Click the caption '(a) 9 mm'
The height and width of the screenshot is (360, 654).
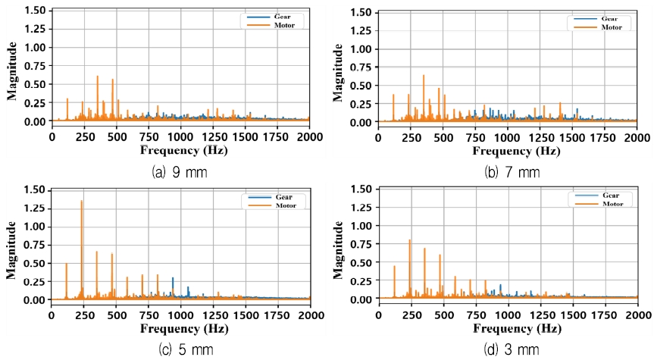(181, 171)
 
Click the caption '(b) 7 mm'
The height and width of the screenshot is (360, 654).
(512, 172)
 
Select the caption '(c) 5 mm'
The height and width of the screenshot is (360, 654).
(182, 349)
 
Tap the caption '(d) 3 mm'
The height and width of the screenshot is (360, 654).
(512, 349)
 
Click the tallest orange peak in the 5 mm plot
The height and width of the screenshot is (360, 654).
(82, 202)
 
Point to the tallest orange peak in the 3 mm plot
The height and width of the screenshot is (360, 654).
(410, 241)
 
